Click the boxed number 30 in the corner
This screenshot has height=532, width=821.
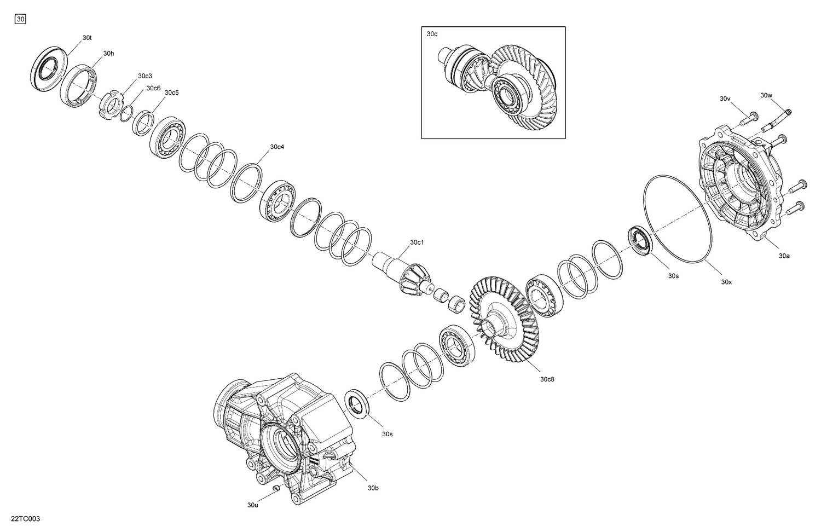point(20,20)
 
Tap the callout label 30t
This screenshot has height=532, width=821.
point(87,38)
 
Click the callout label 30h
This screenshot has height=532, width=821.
point(108,54)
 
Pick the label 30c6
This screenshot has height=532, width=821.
point(153,88)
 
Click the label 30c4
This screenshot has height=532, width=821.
point(277,147)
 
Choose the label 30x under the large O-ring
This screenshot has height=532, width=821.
point(726,282)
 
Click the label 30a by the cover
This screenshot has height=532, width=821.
point(784,256)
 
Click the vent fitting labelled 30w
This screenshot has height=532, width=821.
point(777,120)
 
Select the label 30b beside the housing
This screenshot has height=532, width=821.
point(373,488)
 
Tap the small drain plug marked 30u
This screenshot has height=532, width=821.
point(277,487)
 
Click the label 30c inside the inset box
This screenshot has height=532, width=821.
point(432,34)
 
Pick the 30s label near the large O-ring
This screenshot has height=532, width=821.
point(673,276)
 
